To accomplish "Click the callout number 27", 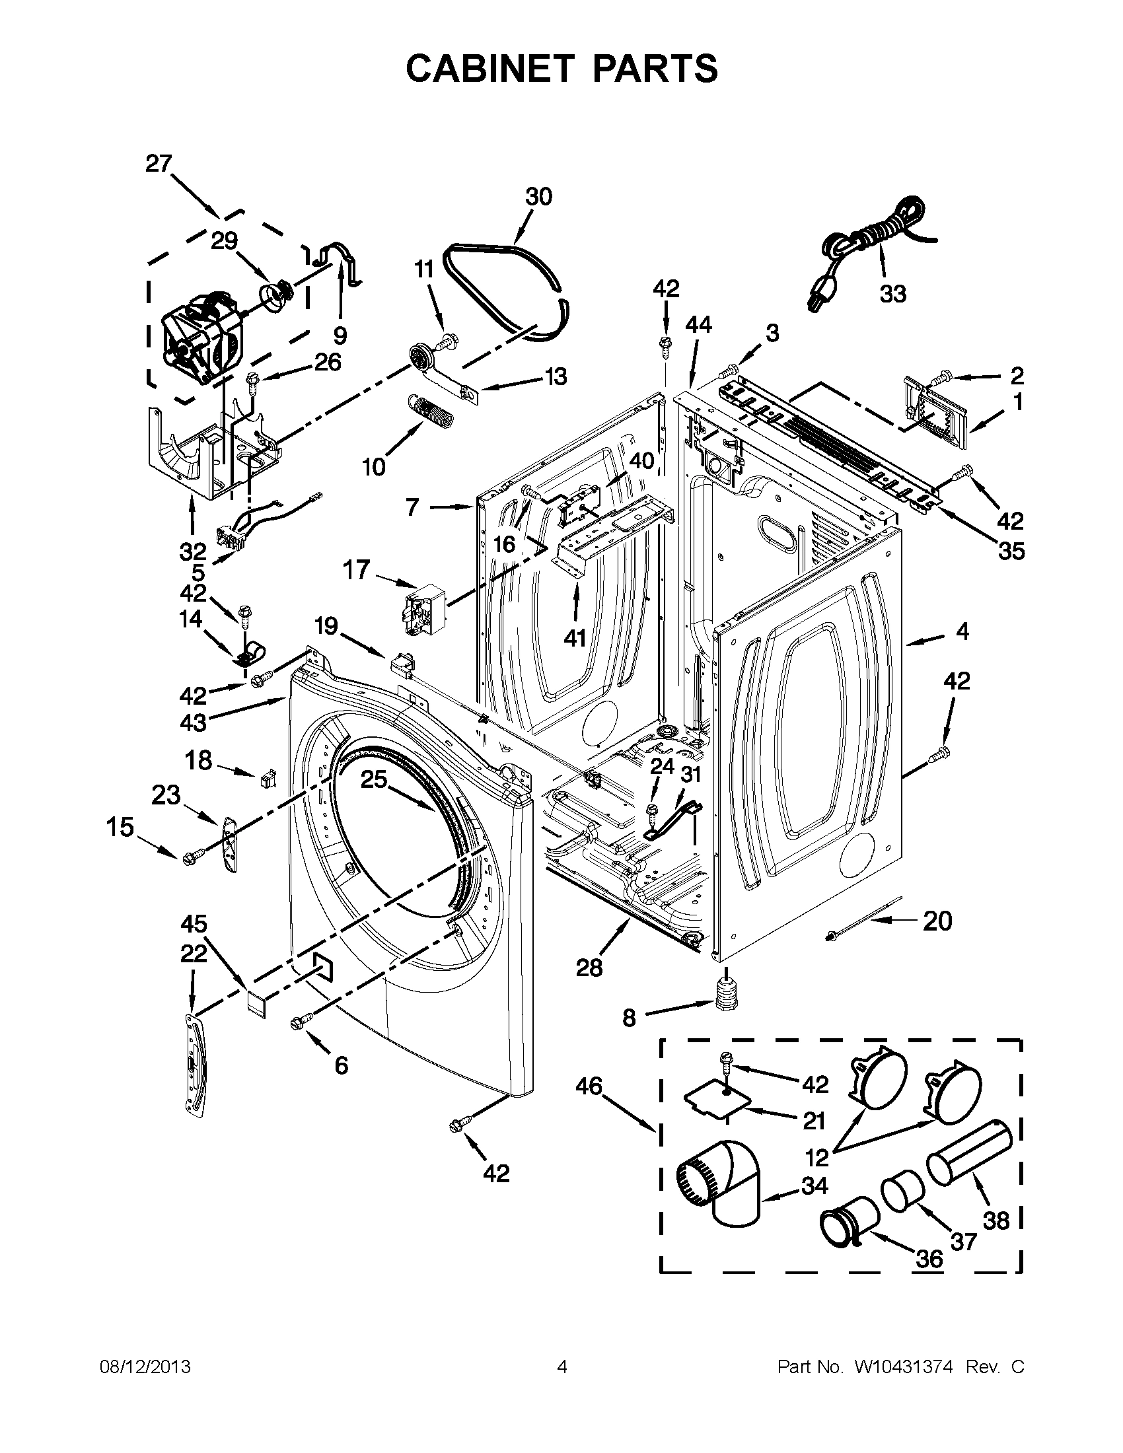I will click(x=159, y=164).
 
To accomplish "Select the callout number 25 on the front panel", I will click(x=374, y=779).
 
